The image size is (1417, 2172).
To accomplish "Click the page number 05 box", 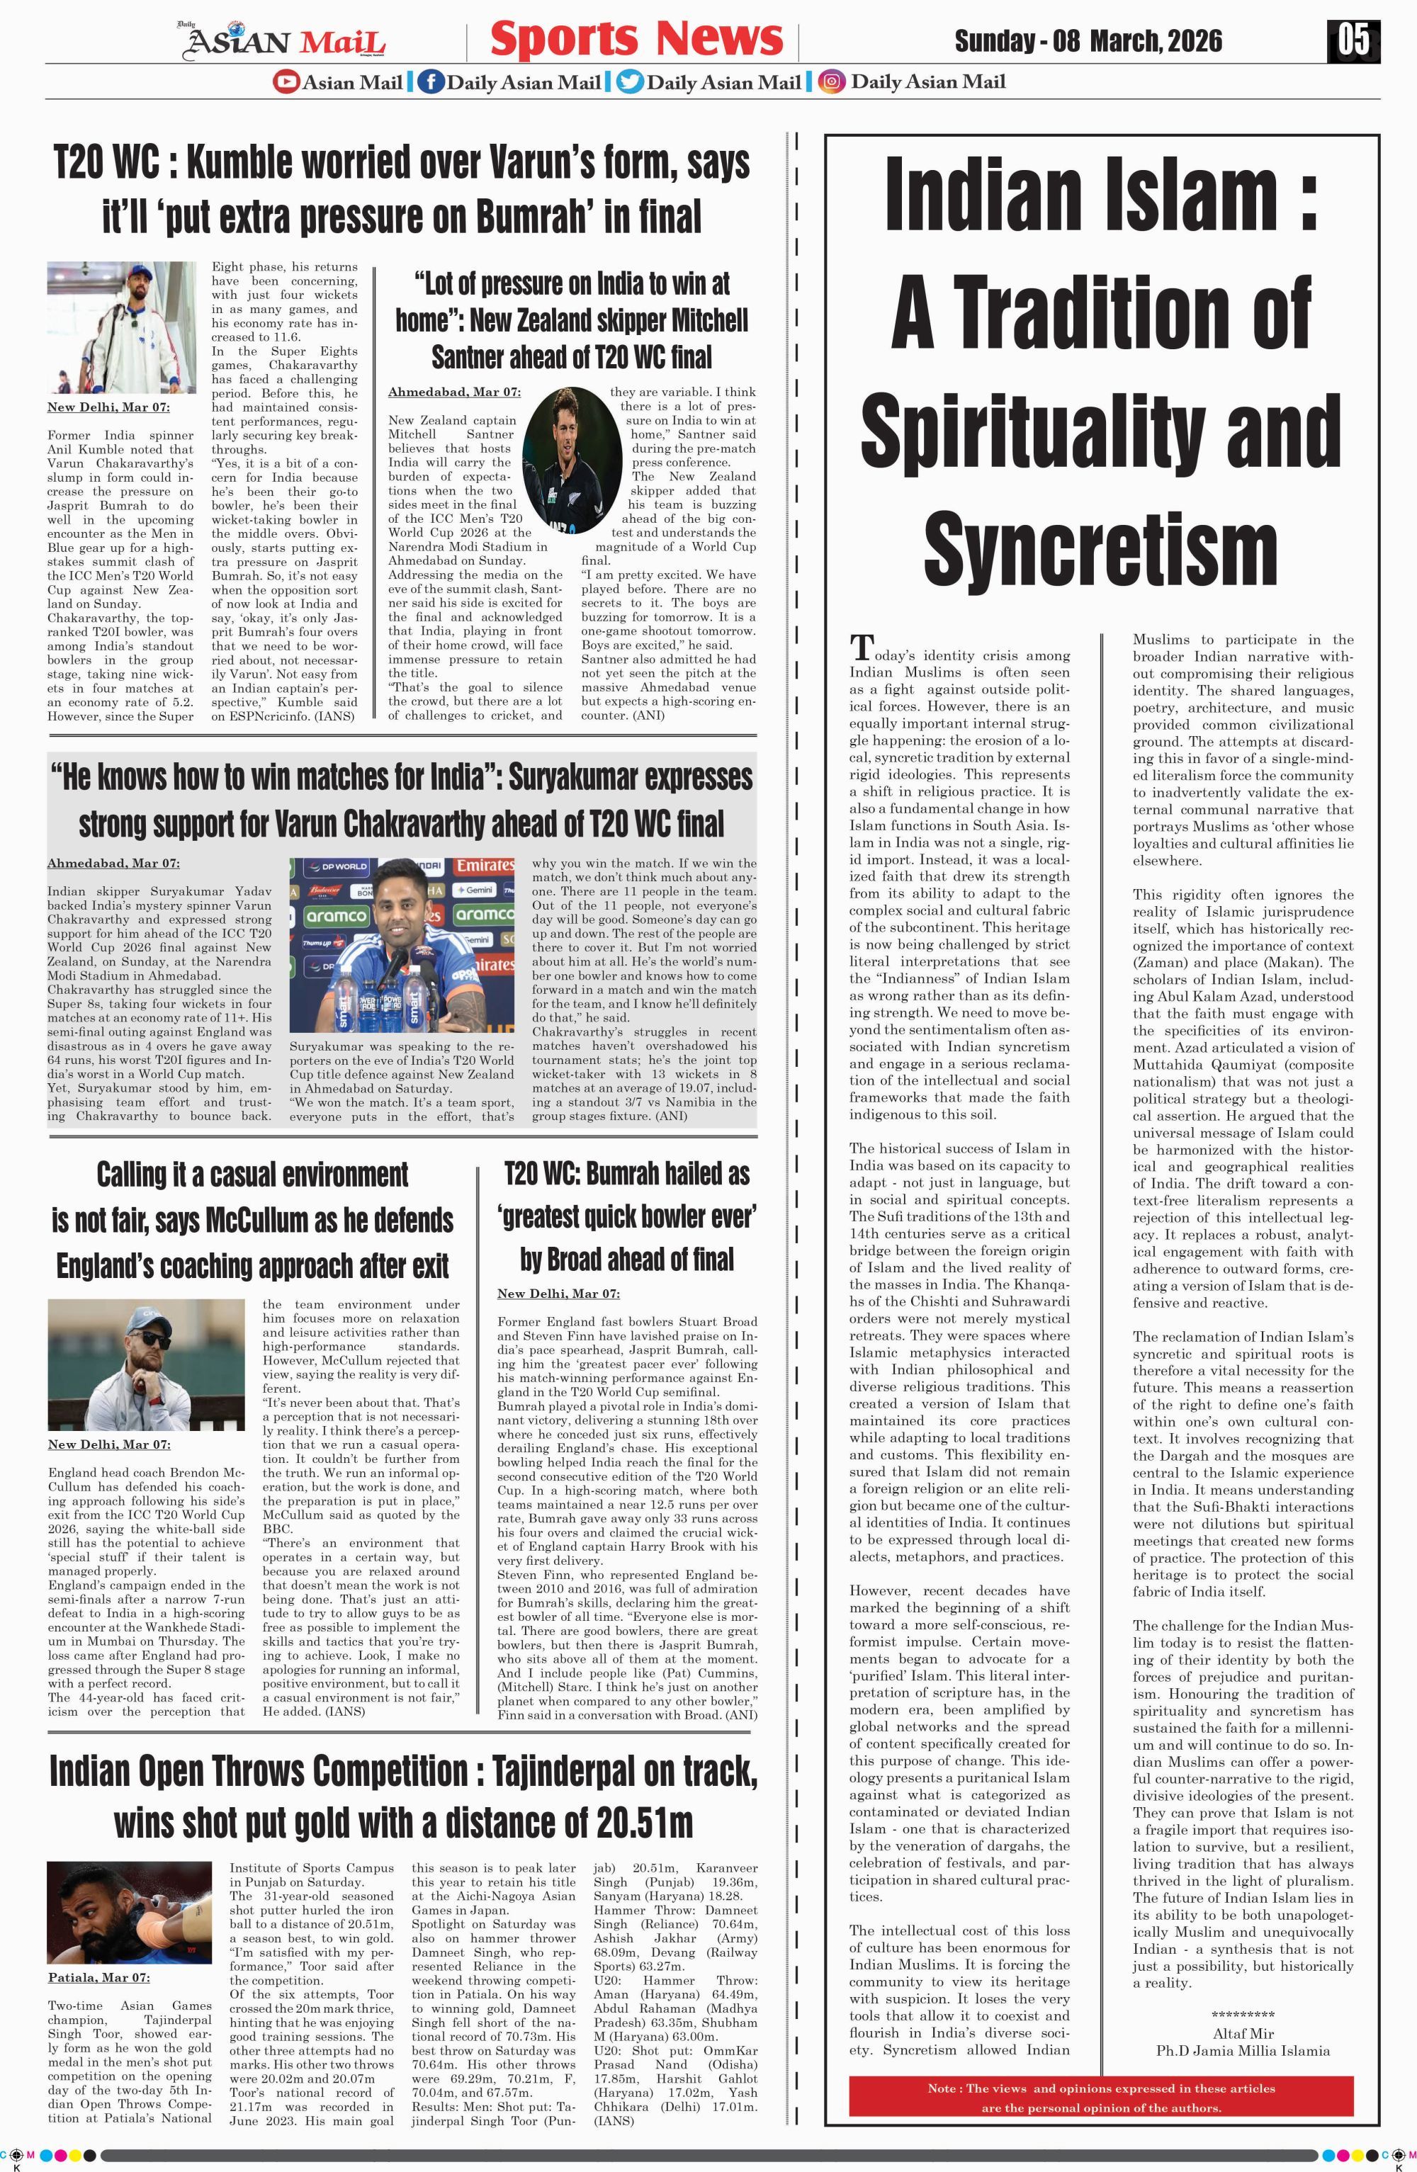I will (1353, 41).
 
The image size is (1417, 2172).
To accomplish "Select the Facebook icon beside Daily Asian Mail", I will (431, 81).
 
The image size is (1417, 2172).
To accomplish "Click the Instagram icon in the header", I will (830, 81).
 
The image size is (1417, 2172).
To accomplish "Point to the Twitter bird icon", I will (630, 81).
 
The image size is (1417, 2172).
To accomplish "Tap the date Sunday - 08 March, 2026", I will (1088, 41).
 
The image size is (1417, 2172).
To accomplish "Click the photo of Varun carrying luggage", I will (121, 327).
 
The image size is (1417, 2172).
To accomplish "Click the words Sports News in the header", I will (636, 39).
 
